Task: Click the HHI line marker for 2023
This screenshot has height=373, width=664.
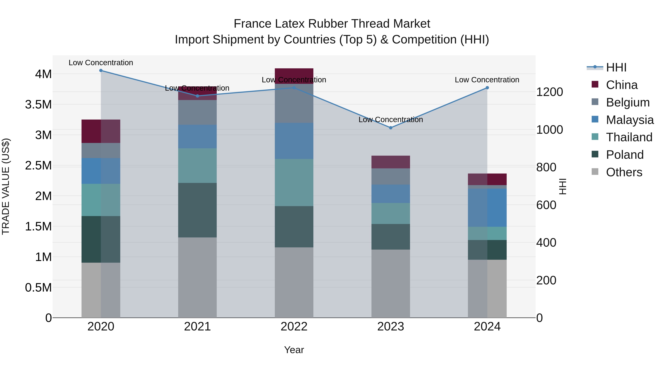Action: click(x=390, y=128)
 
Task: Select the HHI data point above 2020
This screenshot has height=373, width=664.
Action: click(x=101, y=71)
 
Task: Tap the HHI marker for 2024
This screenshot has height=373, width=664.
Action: click(x=487, y=88)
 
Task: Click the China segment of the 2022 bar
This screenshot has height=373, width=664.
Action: click(x=294, y=76)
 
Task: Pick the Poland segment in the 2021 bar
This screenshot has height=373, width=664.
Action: click(x=197, y=210)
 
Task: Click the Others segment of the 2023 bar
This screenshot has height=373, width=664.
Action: click(x=390, y=283)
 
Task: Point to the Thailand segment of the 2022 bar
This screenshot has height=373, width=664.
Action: click(x=294, y=182)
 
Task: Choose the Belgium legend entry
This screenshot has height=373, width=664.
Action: click(x=627, y=102)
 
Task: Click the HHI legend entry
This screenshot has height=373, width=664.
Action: click(x=616, y=67)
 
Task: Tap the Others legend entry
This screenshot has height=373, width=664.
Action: click(x=624, y=172)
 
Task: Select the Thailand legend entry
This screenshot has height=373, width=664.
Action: click(x=629, y=137)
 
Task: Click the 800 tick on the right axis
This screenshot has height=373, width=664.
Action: click(x=546, y=167)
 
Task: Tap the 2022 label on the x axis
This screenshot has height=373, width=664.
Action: click(x=294, y=327)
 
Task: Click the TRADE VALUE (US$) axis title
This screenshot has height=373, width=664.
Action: click(x=6, y=186)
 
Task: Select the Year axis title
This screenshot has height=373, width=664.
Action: click(x=294, y=350)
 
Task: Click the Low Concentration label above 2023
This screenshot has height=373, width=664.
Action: click(x=390, y=120)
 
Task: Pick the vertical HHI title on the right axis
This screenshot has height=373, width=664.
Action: click(x=563, y=186)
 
